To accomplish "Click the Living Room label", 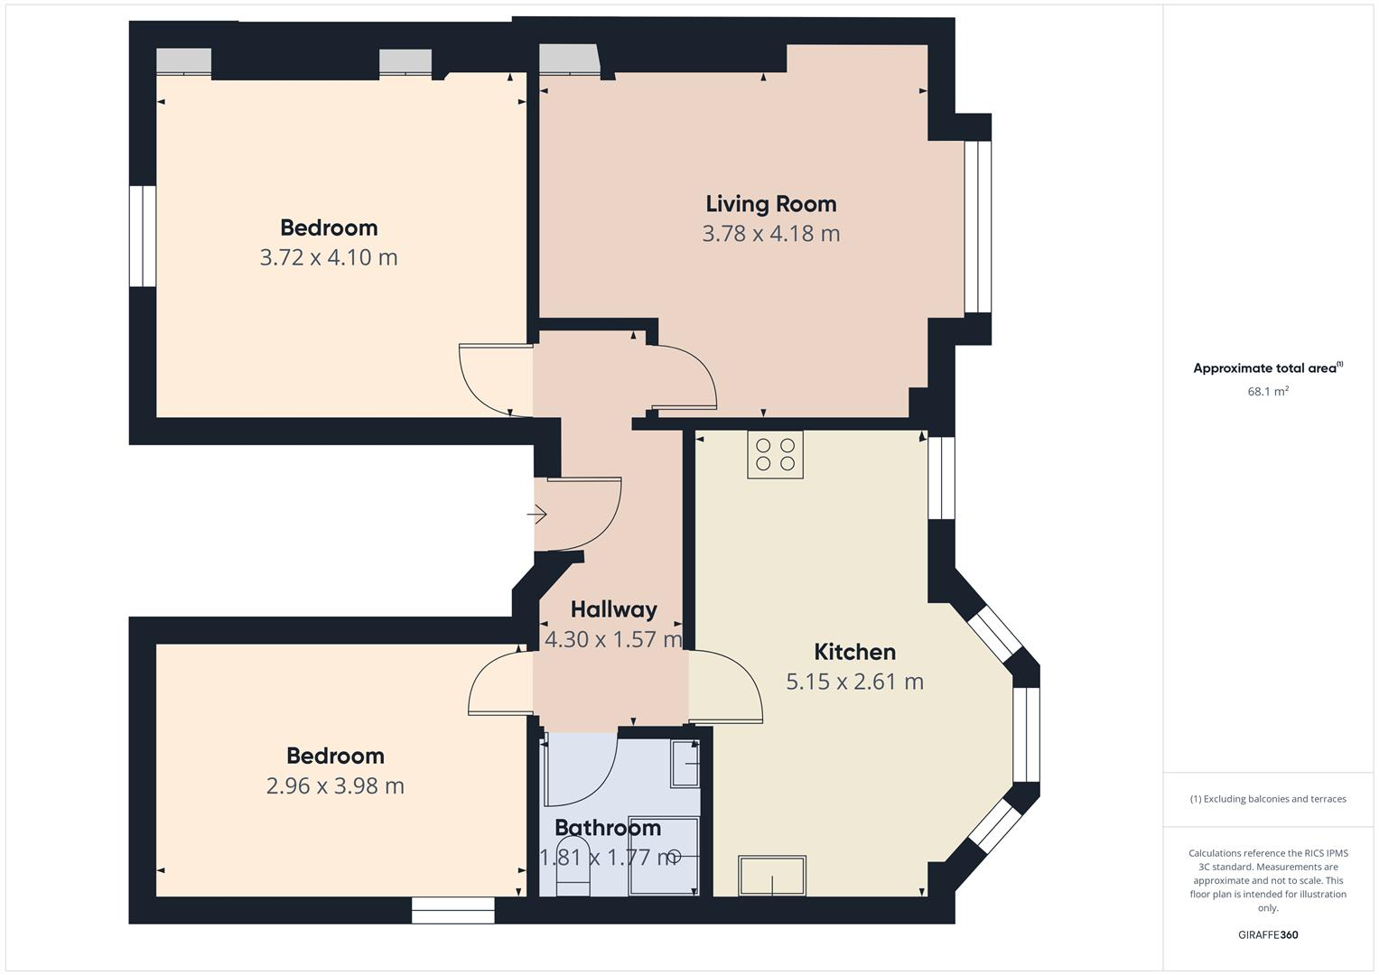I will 770,204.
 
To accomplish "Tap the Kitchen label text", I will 854,652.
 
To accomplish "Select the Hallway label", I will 613,609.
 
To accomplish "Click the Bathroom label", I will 607,828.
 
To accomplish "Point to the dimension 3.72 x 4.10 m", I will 329,257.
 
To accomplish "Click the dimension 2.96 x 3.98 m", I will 335,785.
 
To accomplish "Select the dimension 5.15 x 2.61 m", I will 854,682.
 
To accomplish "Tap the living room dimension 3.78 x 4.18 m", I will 770,234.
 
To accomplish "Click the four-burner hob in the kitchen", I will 775,454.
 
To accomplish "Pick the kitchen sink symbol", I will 772,875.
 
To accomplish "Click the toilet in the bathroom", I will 573,867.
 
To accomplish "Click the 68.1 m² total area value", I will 1267,392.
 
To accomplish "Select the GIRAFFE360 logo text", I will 1267,934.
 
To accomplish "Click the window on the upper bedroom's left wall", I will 143,237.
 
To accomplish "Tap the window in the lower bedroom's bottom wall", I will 452,910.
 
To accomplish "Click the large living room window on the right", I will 977,227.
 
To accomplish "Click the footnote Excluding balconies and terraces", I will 1267,799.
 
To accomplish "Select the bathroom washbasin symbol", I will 685,764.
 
